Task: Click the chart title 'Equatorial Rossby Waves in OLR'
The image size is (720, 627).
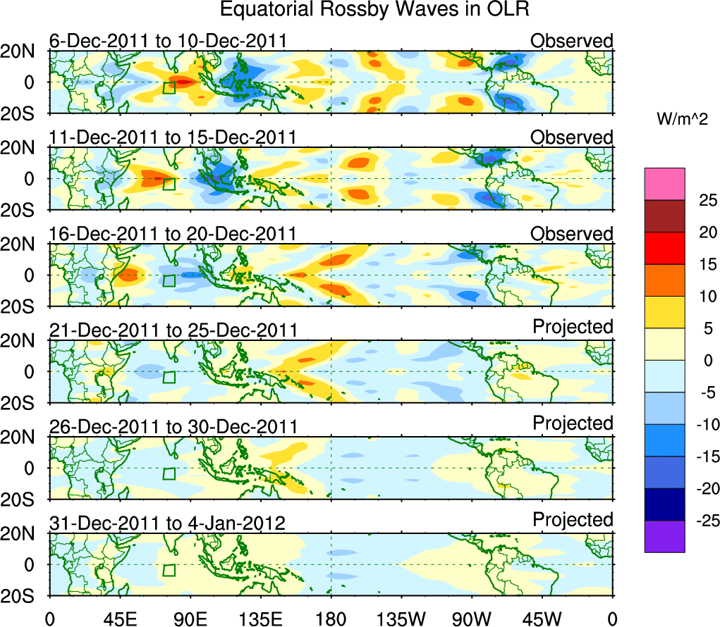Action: point(374,10)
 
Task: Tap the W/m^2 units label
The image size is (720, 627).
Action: point(682,120)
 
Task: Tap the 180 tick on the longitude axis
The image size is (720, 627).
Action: point(331,619)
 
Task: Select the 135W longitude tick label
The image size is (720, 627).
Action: point(401,619)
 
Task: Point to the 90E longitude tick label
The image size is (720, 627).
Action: point(190,619)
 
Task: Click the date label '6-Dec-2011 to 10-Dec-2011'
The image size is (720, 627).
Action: point(168,41)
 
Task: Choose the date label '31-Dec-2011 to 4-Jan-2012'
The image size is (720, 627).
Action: point(167,523)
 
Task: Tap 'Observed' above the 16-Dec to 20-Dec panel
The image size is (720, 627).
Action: point(572,234)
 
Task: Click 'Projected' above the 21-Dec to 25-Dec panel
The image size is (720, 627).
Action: point(573,327)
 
